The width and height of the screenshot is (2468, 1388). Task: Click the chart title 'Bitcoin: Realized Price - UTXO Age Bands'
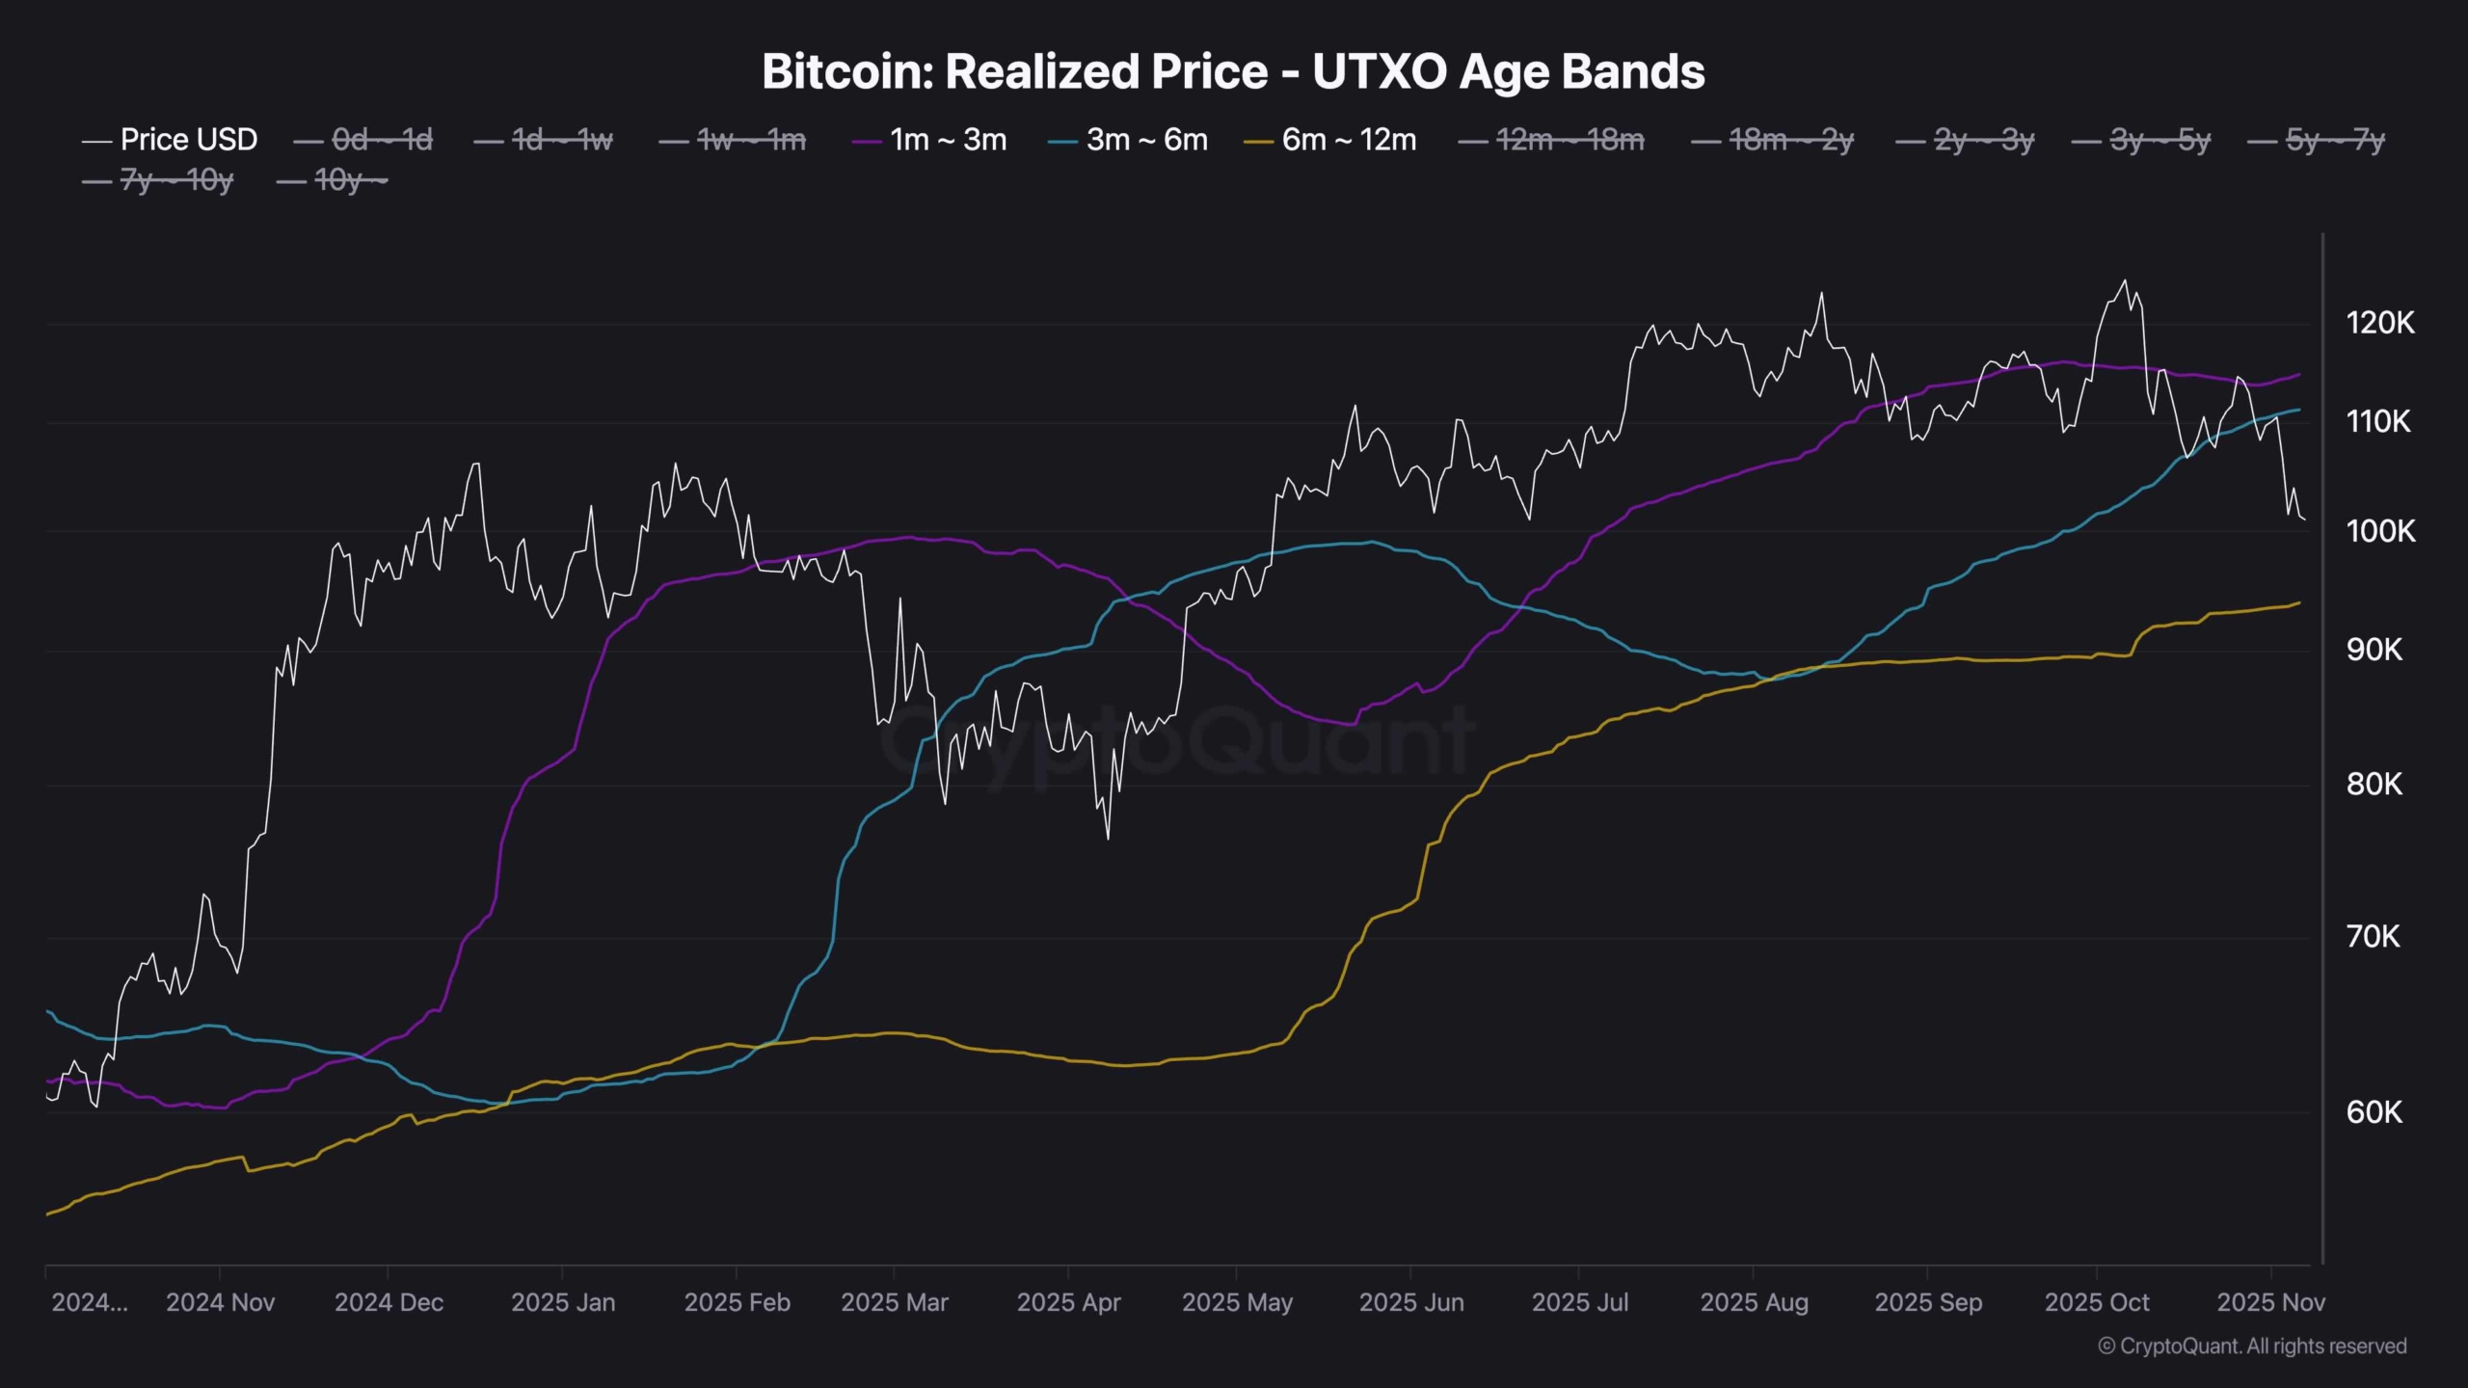[x=1233, y=72]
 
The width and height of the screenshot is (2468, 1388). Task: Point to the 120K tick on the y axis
[x=2380, y=323]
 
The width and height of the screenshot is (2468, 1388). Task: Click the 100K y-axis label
[x=2380, y=531]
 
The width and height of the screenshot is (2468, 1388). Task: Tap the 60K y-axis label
[x=2374, y=1112]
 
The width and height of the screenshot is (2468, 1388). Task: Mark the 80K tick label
[x=2374, y=784]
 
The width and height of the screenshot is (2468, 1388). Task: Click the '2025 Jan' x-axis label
[x=563, y=1302]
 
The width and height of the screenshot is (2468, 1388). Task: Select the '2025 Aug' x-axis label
[x=1754, y=1302]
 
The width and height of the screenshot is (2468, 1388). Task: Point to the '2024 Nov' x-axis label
[x=220, y=1302]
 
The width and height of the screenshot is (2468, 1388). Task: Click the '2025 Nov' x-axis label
[x=2270, y=1302]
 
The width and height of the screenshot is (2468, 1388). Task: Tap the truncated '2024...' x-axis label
[x=89, y=1302]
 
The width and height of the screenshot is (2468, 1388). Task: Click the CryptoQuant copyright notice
[x=2252, y=1346]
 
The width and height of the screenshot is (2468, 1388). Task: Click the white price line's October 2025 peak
[x=2125, y=282]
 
